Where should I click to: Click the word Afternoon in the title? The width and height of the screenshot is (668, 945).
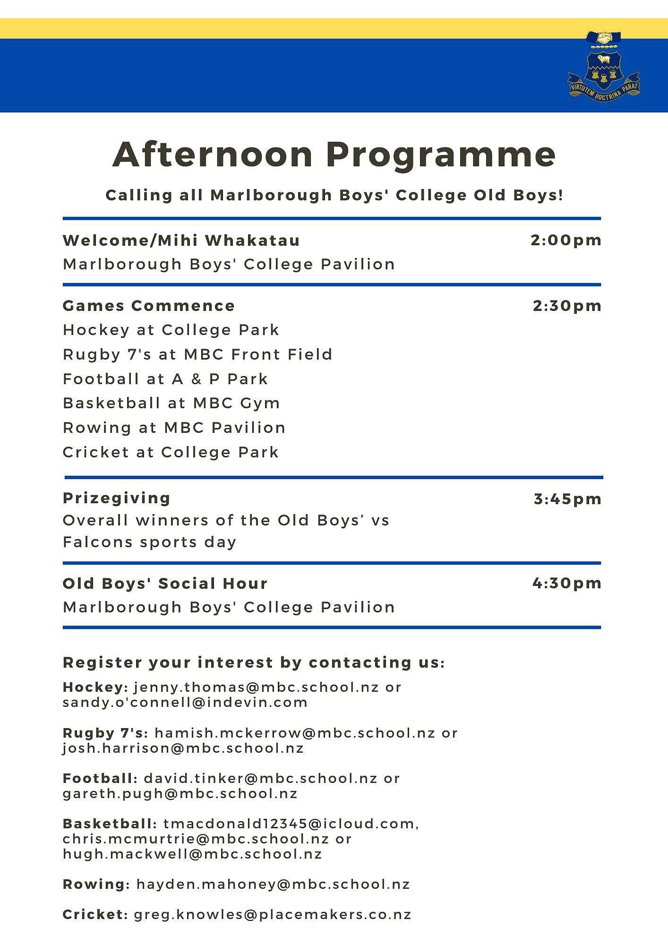point(213,155)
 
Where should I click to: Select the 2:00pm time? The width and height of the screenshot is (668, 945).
point(566,240)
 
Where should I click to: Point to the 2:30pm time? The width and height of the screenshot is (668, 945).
point(567,306)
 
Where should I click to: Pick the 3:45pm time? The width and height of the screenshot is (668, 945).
point(567,499)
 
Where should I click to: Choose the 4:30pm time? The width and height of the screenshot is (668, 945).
point(567,583)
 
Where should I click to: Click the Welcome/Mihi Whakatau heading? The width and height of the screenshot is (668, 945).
point(181,240)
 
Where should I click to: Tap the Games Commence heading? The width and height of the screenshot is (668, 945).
point(149,306)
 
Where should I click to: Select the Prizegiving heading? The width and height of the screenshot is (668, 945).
point(117,498)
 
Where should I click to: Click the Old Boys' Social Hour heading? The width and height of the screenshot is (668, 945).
point(165,584)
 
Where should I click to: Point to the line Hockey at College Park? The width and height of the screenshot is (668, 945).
point(171,330)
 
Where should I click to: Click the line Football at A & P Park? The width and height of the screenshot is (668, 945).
point(165,379)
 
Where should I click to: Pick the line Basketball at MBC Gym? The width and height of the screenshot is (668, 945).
point(171,403)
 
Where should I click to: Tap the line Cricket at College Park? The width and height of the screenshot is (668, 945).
point(171,452)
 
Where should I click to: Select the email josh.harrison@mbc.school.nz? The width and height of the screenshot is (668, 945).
point(183,748)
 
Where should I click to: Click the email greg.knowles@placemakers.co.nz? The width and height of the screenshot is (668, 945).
point(273,915)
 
